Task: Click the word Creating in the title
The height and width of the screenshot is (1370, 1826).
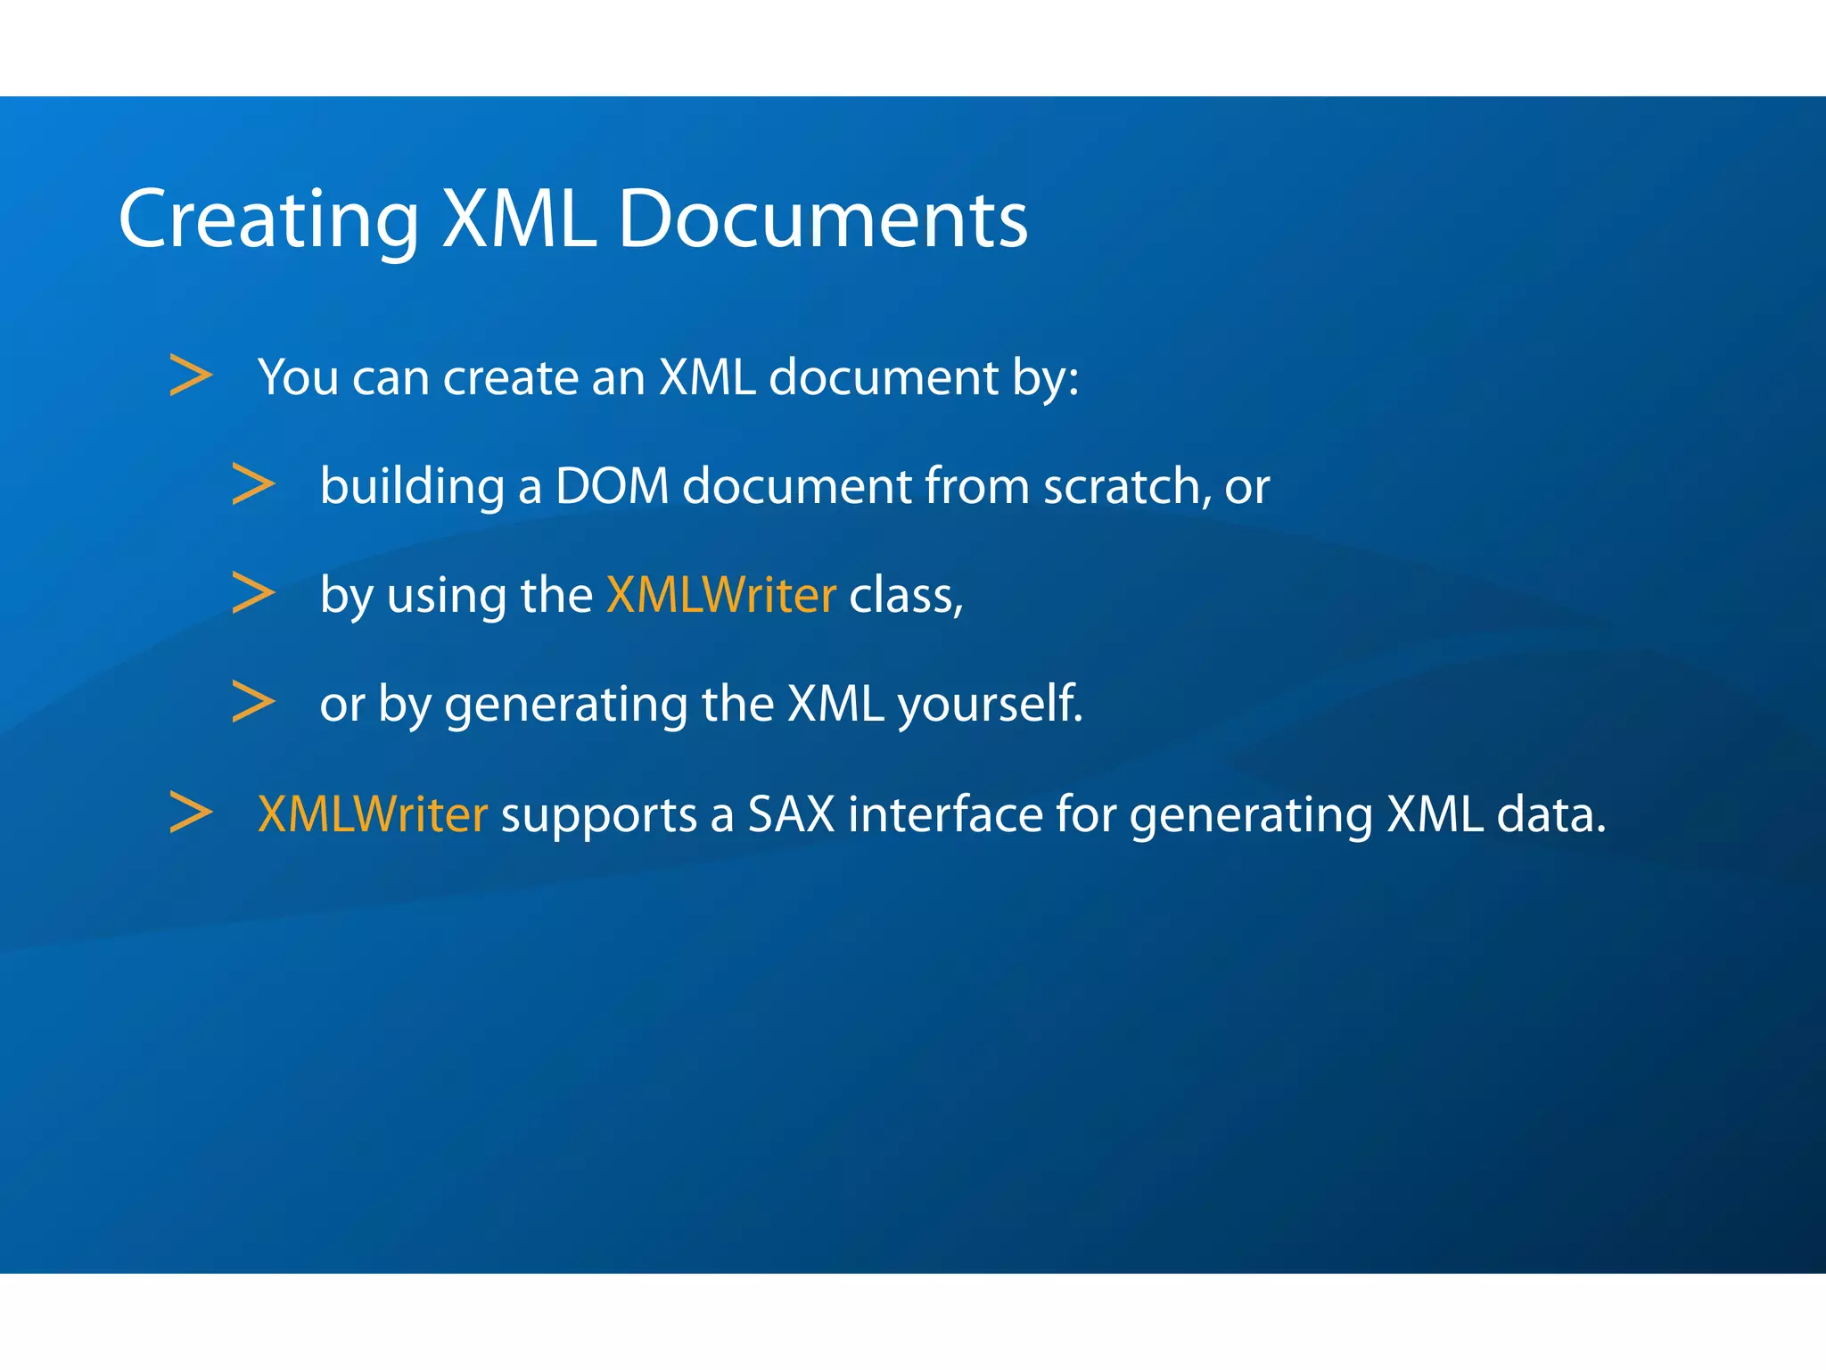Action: (268, 219)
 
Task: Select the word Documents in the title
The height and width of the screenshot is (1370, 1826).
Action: (822, 219)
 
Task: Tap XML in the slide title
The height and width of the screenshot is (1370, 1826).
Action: (519, 219)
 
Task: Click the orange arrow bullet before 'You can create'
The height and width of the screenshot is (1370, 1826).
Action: (191, 376)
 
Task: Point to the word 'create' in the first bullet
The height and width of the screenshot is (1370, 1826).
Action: (511, 377)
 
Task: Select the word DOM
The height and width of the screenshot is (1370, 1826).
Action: (612, 487)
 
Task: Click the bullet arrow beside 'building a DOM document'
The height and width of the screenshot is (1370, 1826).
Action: (253, 484)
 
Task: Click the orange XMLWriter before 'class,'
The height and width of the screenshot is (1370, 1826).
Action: (720, 595)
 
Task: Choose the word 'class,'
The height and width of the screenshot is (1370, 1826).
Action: (906, 596)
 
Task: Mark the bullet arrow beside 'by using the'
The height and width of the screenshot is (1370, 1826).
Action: (253, 593)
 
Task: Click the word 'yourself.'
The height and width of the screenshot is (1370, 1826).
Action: (990, 705)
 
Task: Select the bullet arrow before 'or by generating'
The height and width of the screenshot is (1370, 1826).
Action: (253, 702)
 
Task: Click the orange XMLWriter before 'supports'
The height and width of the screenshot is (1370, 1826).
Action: (372, 814)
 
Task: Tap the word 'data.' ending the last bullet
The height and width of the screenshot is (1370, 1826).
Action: (1550, 814)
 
